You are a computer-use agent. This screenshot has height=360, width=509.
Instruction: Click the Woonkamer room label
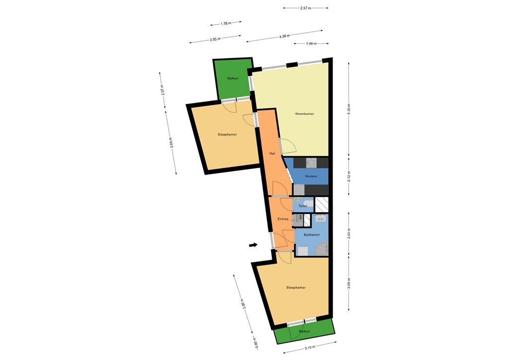click(304, 114)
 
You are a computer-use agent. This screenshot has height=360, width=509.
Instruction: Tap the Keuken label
click(311, 176)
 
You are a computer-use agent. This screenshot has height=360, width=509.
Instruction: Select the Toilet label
click(303, 206)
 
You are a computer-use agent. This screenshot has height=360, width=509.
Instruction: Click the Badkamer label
click(312, 235)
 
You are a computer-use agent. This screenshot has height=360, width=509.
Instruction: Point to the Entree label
click(283, 219)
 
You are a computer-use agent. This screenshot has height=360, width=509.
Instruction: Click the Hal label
click(272, 153)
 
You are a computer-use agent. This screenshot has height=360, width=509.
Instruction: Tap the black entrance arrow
click(254, 245)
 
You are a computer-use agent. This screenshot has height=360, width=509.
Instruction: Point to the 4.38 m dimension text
click(284, 36)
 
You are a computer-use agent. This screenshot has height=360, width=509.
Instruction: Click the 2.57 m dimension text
click(306, 8)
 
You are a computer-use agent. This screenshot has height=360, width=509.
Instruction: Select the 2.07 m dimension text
click(163, 90)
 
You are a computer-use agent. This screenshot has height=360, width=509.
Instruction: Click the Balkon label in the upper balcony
click(233, 79)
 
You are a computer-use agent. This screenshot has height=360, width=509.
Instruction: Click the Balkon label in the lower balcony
click(304, 331)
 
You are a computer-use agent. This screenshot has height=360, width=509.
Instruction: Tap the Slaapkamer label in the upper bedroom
click(227, 134)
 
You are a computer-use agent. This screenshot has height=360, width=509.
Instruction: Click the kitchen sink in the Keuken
click(312, 163)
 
